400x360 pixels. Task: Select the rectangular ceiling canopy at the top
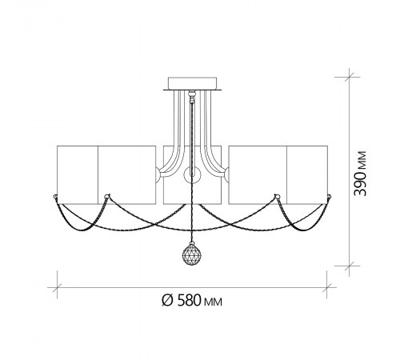pos(192,83)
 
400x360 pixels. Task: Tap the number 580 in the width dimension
pos(189,300)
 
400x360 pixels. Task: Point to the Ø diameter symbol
pos(167,300)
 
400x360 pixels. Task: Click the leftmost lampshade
pos(78,175)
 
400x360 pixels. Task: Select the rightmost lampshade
pos(307,175)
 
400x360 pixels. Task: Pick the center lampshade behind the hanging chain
pos(192,175)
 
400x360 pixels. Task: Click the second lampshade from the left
pos(127,175)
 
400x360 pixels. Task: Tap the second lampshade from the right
pos(258,175)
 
